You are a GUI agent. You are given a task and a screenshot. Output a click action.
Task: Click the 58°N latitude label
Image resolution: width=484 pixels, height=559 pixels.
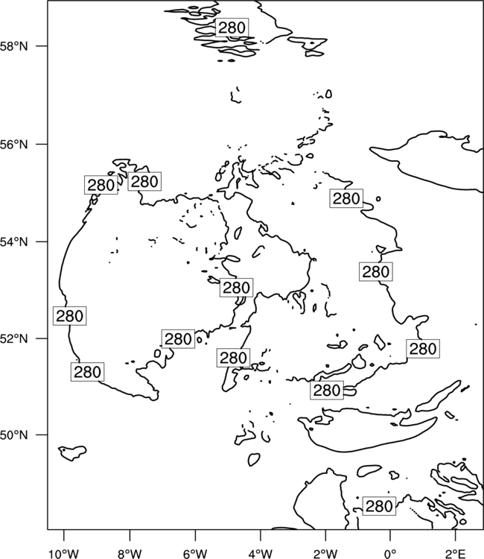click(13, 46)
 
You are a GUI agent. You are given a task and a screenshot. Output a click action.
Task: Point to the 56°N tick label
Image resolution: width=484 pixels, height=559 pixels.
click(13, 145)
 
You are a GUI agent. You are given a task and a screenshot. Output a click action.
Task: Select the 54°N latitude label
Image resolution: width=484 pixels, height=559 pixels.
click(13, 241)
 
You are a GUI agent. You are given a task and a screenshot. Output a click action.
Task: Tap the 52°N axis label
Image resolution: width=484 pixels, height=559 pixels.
click(13, 338)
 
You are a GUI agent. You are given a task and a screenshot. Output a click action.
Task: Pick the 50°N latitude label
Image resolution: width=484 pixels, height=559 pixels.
click(13, 435)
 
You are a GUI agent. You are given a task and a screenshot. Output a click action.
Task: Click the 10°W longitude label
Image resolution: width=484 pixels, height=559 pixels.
click(64, 553)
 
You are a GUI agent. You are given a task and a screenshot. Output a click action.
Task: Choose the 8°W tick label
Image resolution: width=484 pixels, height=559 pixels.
click(130, 553)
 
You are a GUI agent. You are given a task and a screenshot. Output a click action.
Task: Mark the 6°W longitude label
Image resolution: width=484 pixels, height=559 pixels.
click(195, 553)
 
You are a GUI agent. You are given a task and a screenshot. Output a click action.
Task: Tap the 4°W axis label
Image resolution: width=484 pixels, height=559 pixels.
click(261, 553)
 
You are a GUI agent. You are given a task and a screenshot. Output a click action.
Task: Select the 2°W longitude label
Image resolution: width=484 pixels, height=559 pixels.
click(325, 553)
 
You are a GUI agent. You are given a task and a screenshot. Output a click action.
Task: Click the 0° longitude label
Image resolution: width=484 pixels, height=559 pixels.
click(391, 553)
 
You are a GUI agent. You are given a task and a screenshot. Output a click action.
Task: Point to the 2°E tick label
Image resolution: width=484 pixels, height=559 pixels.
click(456, 553)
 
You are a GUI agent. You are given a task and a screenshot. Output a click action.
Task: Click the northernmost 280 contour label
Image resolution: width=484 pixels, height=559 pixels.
click(232, 28)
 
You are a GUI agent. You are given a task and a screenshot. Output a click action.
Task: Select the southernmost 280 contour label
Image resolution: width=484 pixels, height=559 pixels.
click(379, 506)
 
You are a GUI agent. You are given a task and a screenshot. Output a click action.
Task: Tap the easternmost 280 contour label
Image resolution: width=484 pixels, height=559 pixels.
click(423, 348)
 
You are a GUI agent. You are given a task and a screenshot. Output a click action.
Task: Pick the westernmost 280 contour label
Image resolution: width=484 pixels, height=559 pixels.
click(70, 315)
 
